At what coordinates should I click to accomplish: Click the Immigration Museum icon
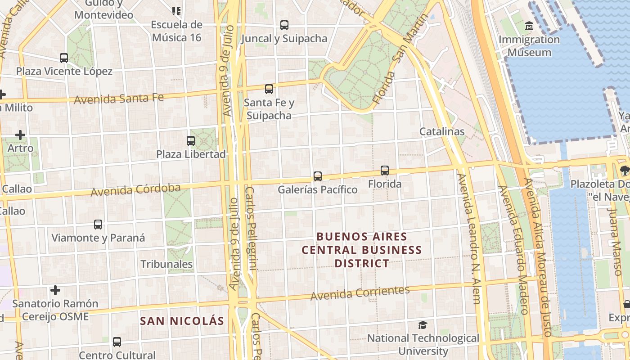click(x=529, y=26)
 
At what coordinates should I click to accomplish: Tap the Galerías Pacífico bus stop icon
click(x=318, y=176)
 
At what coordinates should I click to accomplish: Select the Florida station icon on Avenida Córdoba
click(x=385, y=170)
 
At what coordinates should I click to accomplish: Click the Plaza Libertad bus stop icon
click(x=191, y=140)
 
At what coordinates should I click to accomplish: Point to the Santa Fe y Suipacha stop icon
click(x=269, y=89)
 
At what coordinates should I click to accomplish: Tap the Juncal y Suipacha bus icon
click(x=284, y=25)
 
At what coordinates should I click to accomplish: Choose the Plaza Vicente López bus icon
click(x=64, y=58)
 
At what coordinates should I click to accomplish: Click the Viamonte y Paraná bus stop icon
click(x=98, y=224)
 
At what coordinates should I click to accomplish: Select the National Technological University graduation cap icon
click(x=423, y=325)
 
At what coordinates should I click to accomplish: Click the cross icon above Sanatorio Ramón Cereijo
click(x=55, y=290)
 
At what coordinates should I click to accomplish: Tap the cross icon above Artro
click(x=20, y=135)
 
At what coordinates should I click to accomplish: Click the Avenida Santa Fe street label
click(x=119, y=99)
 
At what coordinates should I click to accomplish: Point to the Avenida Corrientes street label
click(x=360, y=293)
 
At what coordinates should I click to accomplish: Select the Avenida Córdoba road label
click(x=135, y=190)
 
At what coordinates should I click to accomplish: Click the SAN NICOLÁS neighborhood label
click(x=182, y=321)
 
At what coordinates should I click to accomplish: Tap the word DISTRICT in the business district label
click(x=362, y=263)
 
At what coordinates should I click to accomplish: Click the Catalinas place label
click(x=442, y=131)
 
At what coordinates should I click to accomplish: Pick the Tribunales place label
click(x=166, y=264)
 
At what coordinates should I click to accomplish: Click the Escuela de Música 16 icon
click(x=176, y=11)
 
